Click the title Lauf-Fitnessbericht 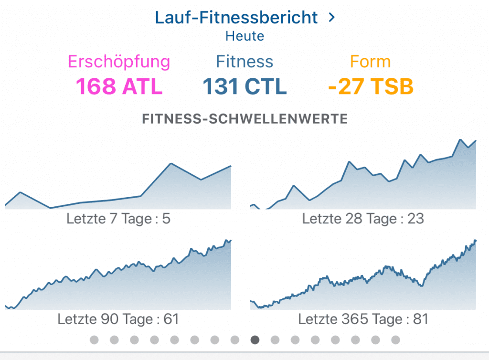coord(236,18)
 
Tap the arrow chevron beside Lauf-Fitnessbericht coord(332,18)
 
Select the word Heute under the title coord(244,36)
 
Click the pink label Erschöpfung coord(119,62)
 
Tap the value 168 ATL coord(119,86)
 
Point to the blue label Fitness coord(244,62)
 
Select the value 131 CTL coord(244,86)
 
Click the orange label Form coord(370,62)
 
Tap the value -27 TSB coord(371,86)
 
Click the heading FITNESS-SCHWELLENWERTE coord(244,118)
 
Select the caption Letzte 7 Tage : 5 coord(118,219)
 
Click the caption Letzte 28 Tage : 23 coord(363,219)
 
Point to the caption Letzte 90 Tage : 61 coord(118,318)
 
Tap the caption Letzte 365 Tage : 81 coord(363,318)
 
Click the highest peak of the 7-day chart coord(170,164)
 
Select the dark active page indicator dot coord(255,339)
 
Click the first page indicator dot coord(94,339)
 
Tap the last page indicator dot coord(395,339)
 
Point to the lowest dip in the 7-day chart coord(50,208)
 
